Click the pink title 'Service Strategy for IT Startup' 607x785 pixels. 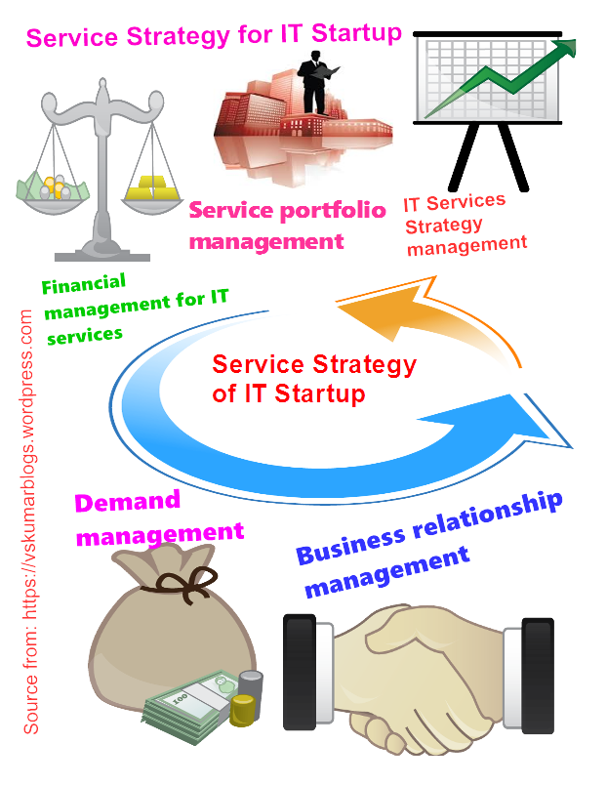tap(213, 35)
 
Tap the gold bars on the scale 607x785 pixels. tap(153, 183)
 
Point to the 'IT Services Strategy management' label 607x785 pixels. tap(464, 226)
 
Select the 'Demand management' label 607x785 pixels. tap(156, 518)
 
